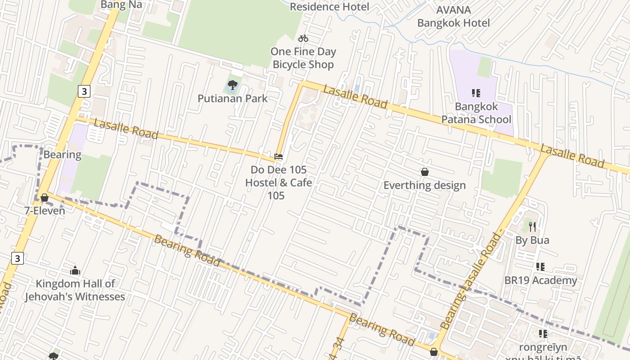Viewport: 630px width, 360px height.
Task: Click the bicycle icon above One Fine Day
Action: [303, 38]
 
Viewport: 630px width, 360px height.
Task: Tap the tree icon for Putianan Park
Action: [233, 85]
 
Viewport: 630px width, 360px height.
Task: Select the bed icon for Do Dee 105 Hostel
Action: [279, 157]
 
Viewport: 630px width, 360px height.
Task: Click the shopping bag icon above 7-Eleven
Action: [45, 198]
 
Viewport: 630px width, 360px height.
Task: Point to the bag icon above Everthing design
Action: [424, 172]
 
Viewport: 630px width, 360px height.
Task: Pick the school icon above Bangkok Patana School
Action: [476, 93]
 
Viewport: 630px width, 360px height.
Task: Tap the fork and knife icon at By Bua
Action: [532, 226]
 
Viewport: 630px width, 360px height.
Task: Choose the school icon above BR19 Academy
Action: [540, 267]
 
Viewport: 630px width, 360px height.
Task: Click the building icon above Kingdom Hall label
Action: [75, 270]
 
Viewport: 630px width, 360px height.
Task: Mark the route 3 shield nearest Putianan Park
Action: [84, 91]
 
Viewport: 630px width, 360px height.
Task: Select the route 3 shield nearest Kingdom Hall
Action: [17, 258]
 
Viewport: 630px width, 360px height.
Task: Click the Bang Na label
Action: [121, 5]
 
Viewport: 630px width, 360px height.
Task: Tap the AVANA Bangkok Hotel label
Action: [454, 17]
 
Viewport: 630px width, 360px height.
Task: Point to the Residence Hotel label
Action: [329, 7]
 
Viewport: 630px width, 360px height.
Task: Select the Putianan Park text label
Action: [233, 99]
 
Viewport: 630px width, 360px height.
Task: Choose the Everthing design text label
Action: [424, 185]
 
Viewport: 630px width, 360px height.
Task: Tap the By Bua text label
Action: [532, 240]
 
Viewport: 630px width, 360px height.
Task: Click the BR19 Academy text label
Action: [540, 280]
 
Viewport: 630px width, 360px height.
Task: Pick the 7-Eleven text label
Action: [45, 211]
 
